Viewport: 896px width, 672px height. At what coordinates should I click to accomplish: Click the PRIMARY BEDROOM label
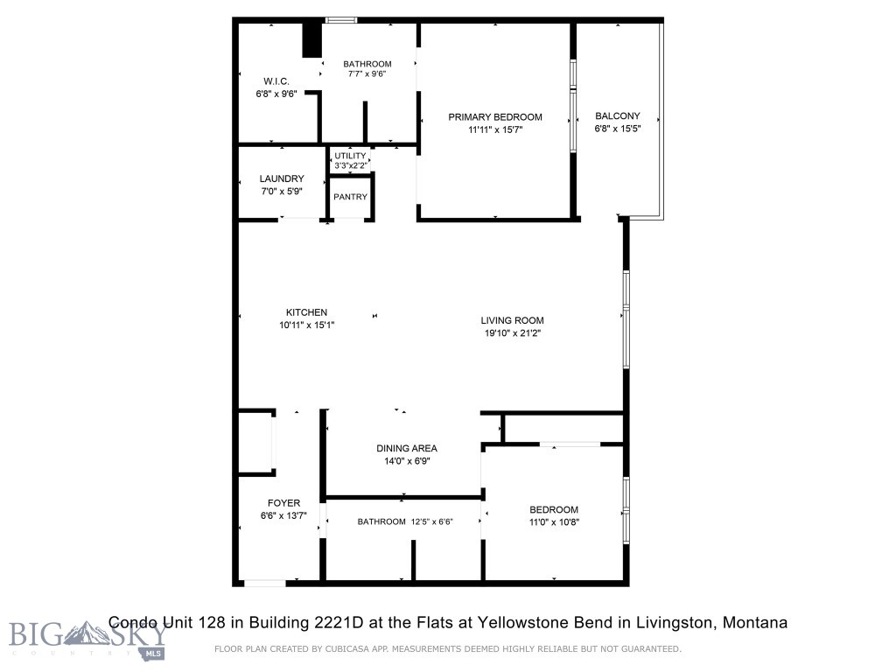pos(495,116)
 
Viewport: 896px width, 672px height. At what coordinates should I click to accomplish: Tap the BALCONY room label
pos(618,115)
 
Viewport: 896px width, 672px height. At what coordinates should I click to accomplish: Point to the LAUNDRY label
pos(282,178)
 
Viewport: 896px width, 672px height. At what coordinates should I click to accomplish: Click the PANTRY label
pos(350,197)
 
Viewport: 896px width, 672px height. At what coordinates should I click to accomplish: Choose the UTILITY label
pos(350,156)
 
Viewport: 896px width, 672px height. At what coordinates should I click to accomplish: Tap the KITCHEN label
pos(306,312)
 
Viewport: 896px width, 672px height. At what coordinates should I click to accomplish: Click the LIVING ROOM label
pos(513,320)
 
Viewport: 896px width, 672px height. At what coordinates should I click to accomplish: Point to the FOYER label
pos(284,503)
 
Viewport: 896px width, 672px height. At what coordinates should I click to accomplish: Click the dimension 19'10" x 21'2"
pos(513,332)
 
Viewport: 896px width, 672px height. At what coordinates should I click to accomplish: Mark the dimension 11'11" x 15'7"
pos(495,129)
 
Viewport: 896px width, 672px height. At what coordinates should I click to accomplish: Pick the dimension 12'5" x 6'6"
pos(440,522)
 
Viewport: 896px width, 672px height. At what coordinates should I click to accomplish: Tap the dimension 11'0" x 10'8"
pos(553,522)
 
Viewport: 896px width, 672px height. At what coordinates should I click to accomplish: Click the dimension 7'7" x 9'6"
pos(367,74)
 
